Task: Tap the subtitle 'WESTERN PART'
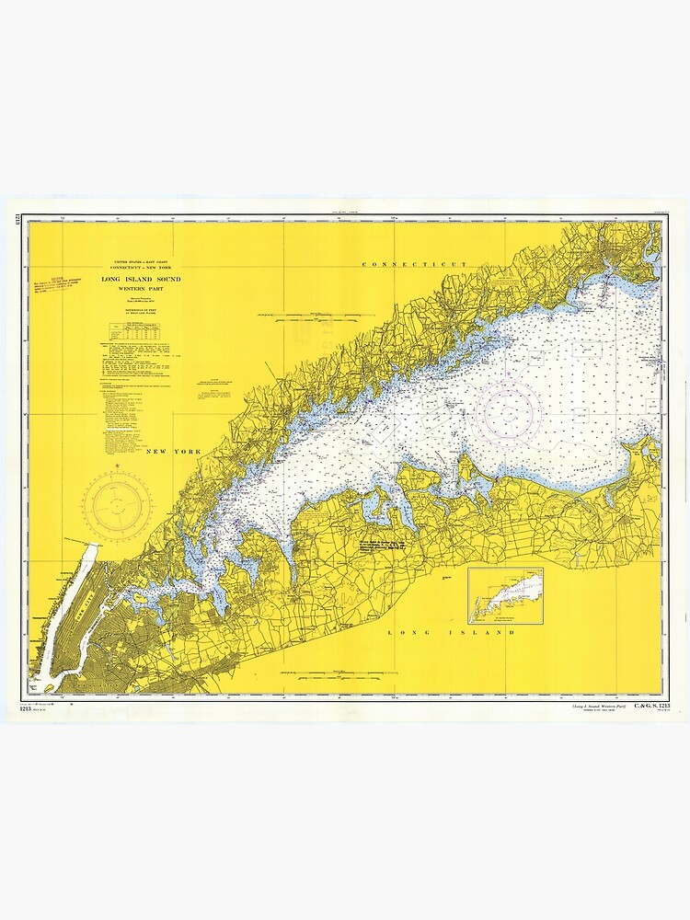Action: tap(136, 289)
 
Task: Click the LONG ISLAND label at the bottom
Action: tap(451, 633)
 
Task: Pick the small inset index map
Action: tap(505, 596)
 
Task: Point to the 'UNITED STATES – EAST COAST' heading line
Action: tap(136, 261)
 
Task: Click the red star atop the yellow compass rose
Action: tap(117, 467)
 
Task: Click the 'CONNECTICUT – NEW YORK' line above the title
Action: tap(136, 268)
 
